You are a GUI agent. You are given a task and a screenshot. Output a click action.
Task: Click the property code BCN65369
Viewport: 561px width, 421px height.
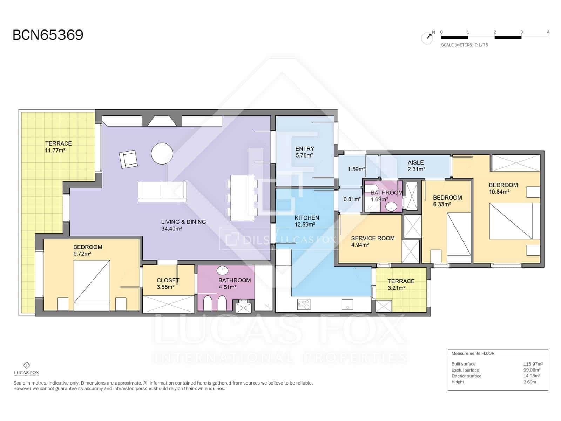[x=48, y=35]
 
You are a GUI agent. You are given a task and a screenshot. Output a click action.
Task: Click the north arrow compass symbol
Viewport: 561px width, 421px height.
[x=427, y=38]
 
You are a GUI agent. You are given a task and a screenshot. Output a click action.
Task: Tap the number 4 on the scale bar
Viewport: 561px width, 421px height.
[x=548, y=32]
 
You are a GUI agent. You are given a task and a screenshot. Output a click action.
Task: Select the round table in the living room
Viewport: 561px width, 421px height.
[x=162, y=153]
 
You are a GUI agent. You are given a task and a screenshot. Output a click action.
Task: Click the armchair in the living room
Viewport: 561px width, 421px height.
[x=128, y=159]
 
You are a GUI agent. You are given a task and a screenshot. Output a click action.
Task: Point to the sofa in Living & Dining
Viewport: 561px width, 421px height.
[x=162, y=192]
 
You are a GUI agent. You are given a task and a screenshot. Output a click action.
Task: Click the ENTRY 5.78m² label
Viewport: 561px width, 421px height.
[x=304, y=152]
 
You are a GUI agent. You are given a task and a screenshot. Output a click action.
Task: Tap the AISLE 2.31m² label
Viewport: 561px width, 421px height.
[x=416, y=166]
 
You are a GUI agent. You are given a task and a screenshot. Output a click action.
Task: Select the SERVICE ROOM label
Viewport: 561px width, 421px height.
[x=373, y=238]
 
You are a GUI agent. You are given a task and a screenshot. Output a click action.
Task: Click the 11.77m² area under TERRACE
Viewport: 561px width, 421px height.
[x=55, y=150]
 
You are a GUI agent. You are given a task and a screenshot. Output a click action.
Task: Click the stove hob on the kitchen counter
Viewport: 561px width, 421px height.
[x=304, y=304]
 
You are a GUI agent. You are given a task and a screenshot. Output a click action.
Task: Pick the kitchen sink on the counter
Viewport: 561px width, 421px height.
[x=347, y=304]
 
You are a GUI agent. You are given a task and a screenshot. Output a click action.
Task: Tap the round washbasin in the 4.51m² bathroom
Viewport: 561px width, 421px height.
[x=222, y=270]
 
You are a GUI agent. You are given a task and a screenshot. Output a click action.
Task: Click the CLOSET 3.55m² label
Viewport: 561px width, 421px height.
[x=168, y=283]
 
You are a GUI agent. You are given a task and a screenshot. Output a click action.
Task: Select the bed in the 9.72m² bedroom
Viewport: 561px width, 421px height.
[x=92, y=285]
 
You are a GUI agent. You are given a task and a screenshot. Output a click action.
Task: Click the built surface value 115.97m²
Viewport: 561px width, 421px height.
[x=533, y=364]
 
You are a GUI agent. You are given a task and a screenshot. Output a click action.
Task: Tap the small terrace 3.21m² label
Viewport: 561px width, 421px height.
[x=401, y=285]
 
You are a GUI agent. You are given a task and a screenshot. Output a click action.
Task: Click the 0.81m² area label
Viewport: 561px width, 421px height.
[x=352, y=199]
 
